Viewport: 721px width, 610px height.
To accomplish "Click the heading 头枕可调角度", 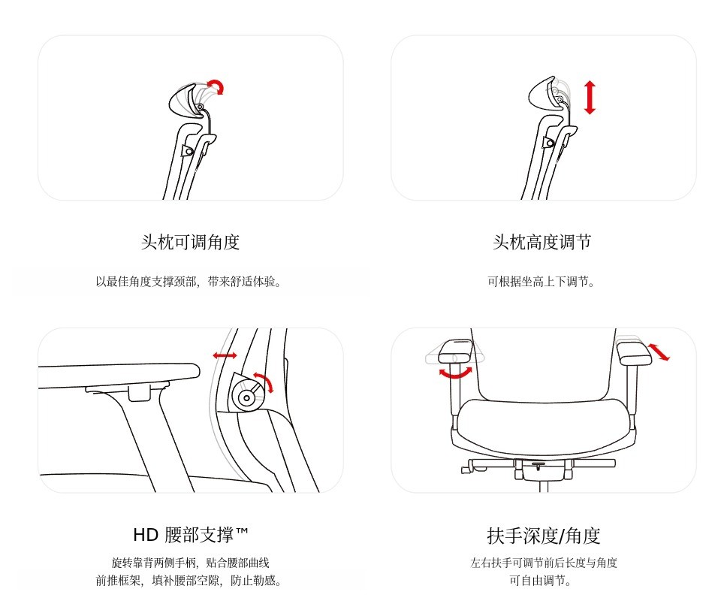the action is (x=190, y=241).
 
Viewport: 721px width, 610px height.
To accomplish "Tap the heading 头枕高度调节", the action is (x=542, y=241).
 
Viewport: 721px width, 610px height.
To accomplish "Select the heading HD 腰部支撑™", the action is (x=190, y=535).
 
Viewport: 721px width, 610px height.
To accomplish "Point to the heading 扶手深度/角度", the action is (x=544, y=536).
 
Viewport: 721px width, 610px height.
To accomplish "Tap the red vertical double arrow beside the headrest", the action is (x=590, y=98).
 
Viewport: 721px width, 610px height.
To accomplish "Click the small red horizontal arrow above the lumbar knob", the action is (x=225, y=355).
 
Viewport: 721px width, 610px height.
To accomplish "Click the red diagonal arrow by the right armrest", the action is (x=659, y=352).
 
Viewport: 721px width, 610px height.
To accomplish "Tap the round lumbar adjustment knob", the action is (x=247, y=397).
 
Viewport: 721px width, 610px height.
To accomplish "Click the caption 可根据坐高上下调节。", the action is (x=542, y=282).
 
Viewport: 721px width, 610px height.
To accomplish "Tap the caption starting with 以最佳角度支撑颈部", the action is (x=189, y=282).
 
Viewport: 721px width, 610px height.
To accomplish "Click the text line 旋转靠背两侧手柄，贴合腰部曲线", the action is (x=190, y=563).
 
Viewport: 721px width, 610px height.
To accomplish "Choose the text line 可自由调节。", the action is (x=541, y=581).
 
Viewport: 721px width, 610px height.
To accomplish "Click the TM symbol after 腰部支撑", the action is (x=242, y=530).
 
